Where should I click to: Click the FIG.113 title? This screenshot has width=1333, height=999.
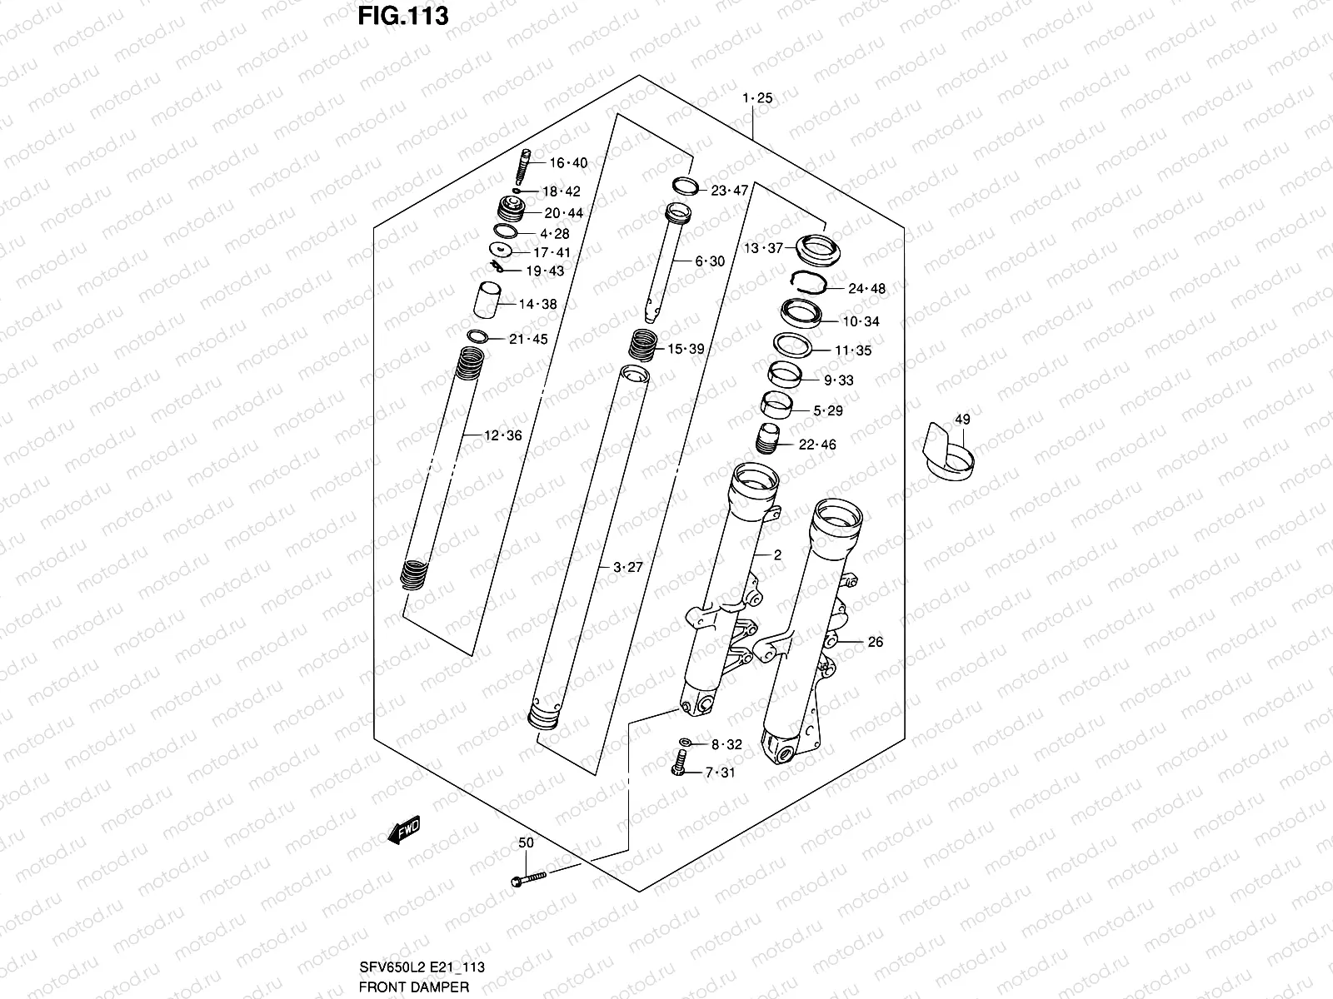(403, 16)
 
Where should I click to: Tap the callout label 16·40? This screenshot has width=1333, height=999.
(567, 163)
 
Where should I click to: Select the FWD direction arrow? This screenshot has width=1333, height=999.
(404, 830)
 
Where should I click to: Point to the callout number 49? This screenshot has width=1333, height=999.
(962, 420)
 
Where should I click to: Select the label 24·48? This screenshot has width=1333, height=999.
(866, 289)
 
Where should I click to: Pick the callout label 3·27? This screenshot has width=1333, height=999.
(628, 568)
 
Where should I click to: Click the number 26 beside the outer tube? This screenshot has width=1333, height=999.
(875, 642)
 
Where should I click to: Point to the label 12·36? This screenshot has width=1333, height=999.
(502, 435)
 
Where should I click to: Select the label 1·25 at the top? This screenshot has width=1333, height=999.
(757, 98)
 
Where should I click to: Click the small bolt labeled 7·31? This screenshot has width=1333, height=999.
(677, 763)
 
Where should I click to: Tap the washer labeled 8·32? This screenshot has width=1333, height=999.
(684, 742)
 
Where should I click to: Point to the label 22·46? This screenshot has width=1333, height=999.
(817, 445)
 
